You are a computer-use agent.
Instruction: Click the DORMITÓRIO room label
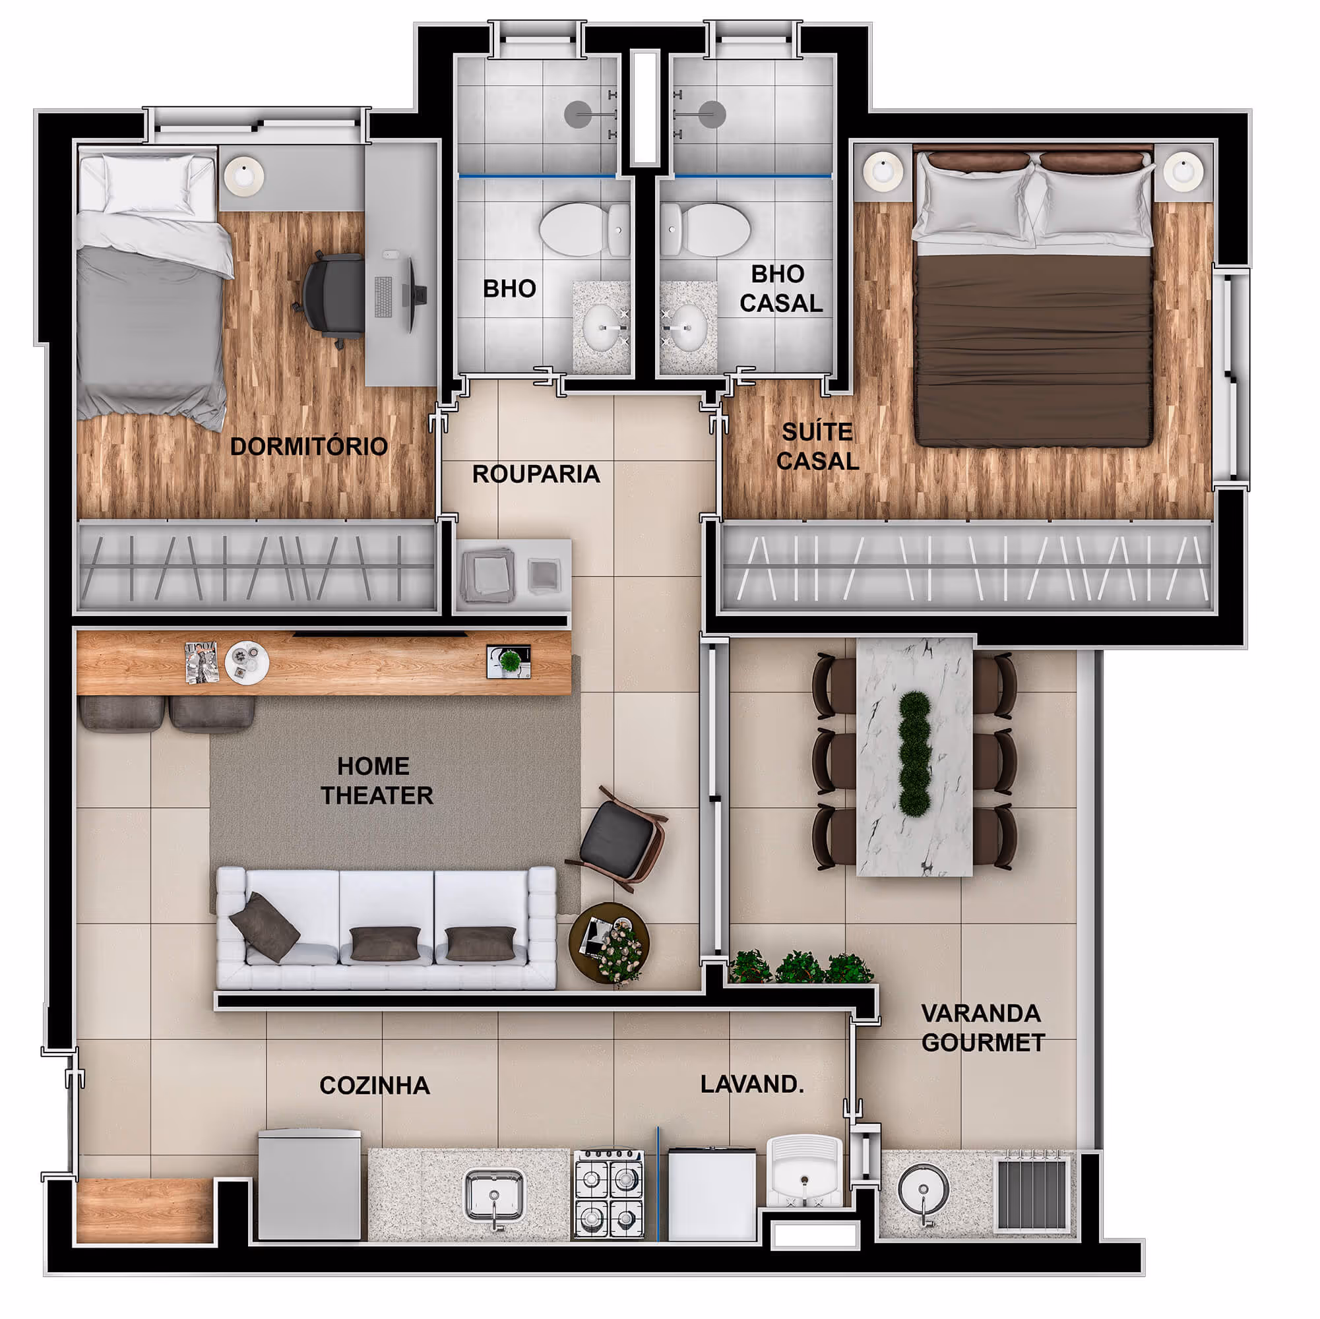click(309, 446)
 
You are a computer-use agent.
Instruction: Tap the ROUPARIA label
click(536, 474)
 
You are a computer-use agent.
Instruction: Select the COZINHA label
click(375, 1086)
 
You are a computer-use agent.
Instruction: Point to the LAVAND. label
click(751, 1084)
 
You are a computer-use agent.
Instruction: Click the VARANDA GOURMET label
click(982, 1028)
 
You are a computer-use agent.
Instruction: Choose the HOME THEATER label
click(377, 781)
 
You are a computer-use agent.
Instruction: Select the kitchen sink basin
click(494, 1194)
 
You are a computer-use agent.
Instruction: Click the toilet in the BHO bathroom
click(584, 230)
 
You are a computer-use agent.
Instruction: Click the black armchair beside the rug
click(621, 840)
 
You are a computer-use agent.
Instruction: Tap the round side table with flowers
click(609, 943)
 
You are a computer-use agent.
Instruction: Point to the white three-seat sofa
click(386, 928)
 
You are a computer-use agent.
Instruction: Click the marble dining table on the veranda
click(914, 756)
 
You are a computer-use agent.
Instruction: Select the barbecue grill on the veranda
click(1032, 1194)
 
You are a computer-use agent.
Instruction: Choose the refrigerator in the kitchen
click(309, 1184)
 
